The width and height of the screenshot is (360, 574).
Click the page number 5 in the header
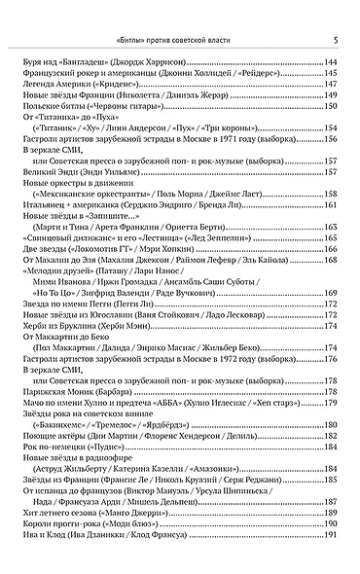tap(334, 41)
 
